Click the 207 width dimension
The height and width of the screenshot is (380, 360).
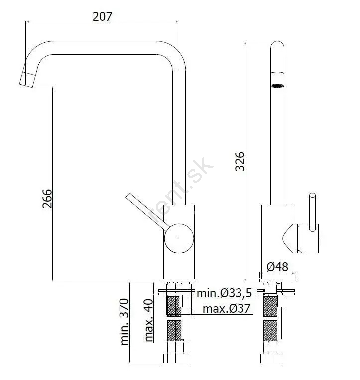[x=102, y=16]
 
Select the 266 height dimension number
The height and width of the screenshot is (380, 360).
[x=47, y=199]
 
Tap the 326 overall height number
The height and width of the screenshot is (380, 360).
[x=240, y=162]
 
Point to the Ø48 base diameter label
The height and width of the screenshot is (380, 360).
[x=277, y=267]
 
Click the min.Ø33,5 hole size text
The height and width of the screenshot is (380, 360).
[x=225, y=293]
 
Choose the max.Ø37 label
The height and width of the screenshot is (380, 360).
[x=227, y=309]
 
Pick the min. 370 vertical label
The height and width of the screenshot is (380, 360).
[x=124, y=322]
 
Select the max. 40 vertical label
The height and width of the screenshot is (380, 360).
[x=149, y=320]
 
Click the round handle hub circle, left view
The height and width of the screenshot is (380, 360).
[x=179, y=238]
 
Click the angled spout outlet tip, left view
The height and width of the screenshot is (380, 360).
[x=27, y=80]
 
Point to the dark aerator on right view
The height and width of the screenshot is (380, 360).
[x=277, y=86]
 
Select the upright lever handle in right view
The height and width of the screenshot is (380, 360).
[x=313, y=212]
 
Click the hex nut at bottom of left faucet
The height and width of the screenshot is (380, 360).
[x=176, y=358]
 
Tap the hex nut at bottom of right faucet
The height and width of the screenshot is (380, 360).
[x=270, y=358]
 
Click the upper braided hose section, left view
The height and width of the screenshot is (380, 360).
[x=174, y=306]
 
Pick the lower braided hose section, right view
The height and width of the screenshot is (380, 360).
[x=270, y=330]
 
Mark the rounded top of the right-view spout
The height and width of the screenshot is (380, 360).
[x=277, y=45]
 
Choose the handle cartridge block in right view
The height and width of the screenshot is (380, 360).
[x=308, y=238]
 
